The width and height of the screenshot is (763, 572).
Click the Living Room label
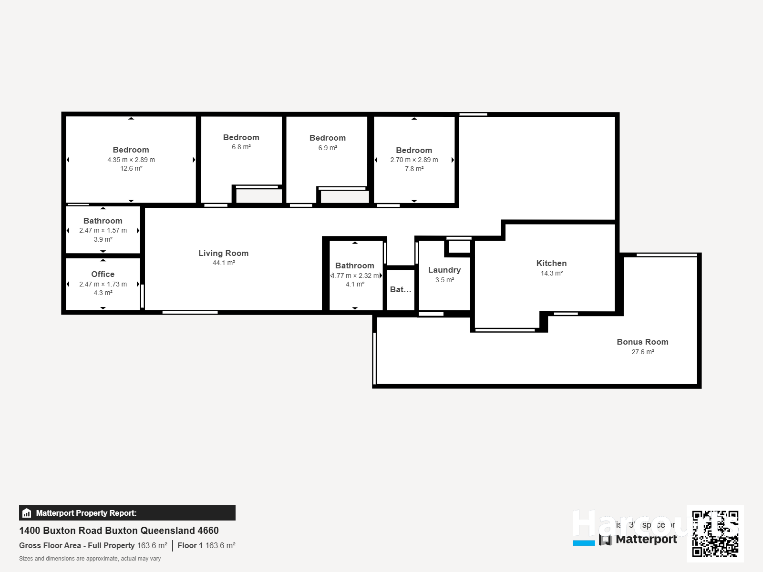[x=223, y=253]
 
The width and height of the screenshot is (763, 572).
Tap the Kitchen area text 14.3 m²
[x=551, y=273]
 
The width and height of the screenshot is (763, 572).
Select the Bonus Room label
[x=642, y=342]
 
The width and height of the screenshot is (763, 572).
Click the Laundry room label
[x=444, y=270]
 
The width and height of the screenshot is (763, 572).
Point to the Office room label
[x=103, y=274]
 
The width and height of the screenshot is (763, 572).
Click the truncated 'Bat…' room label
[x=400, y=289]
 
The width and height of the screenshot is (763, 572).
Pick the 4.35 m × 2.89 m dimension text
[x=131, y=160]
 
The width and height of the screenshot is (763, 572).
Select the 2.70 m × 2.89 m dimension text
[x=413, y=160]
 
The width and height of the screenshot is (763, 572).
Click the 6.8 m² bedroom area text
[x=241, y=147]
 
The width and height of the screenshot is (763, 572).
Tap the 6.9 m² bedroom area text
[x=327, y=148]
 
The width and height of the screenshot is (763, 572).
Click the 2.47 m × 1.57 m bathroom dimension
[x=103, y=230]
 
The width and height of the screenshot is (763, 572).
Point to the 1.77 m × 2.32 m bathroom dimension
[x=356, y=276]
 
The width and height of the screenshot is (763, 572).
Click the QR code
[x=715, y=533]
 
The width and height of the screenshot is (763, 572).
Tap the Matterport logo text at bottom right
[x=646, y=539]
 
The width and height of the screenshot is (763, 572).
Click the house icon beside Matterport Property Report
[x=27, y=513]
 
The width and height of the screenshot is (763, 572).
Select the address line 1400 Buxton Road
[x=119, y=531]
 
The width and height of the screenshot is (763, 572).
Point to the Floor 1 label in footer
[x=190, y=545]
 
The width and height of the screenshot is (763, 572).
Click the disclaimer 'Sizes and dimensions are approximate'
[x=90, y=559]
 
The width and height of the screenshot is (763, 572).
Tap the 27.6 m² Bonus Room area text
[x=642, y=352]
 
